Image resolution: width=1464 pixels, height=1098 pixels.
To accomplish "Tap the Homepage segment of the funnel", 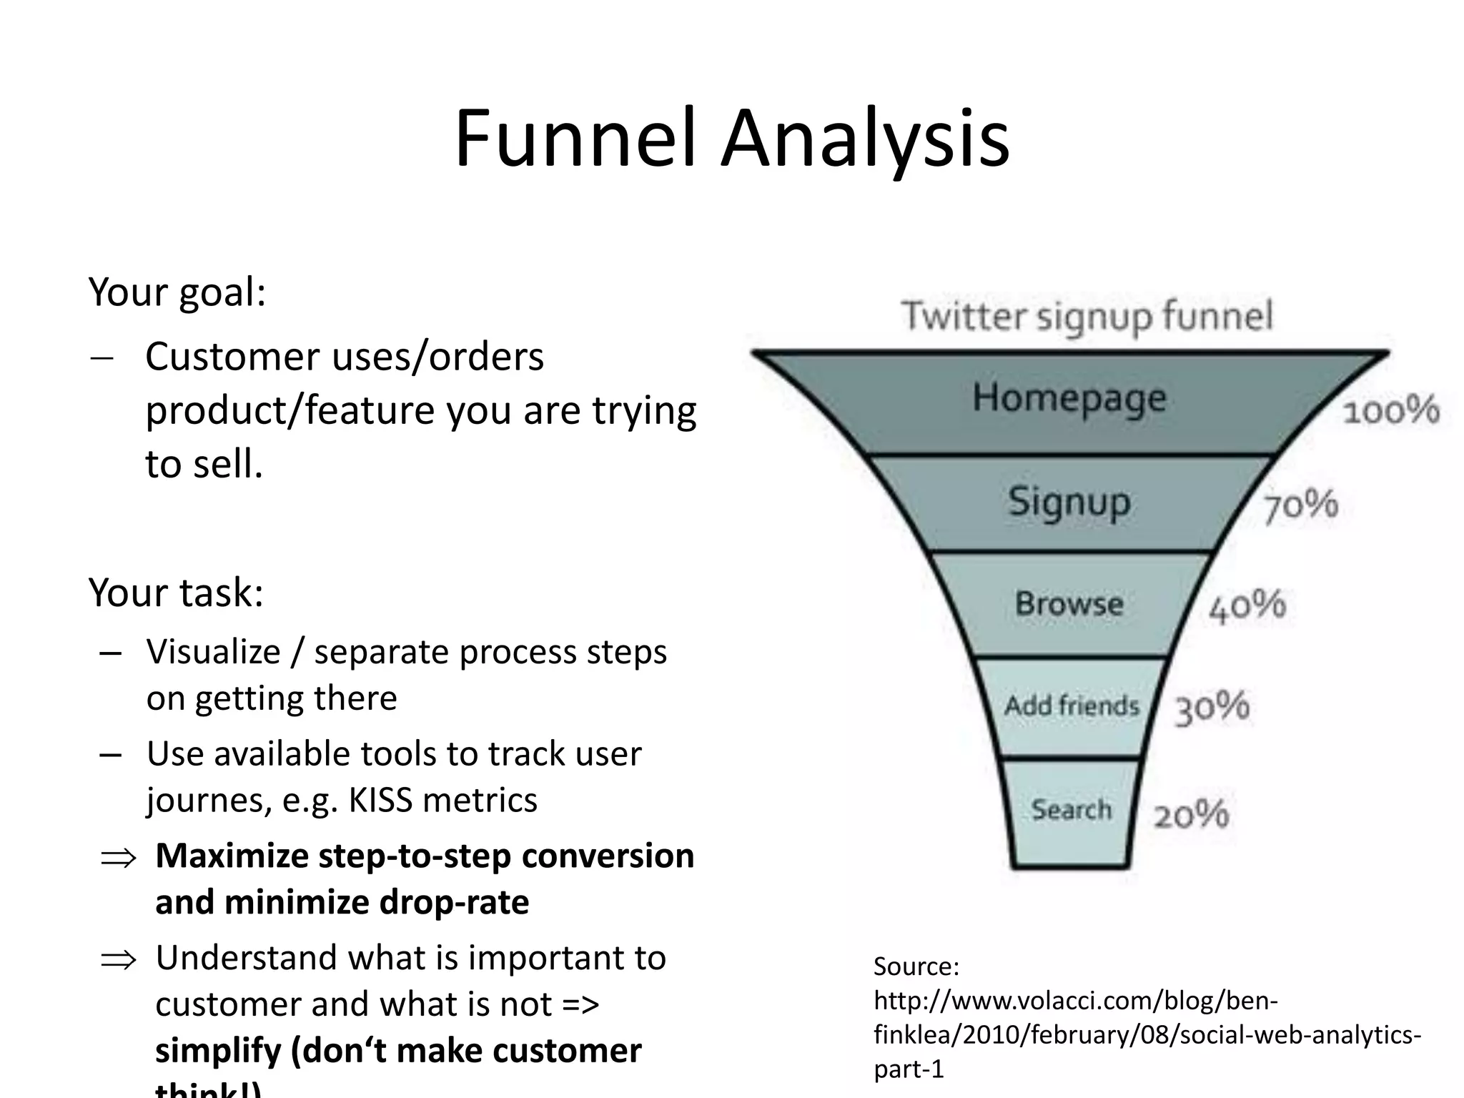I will pyautogui.click(x=1069, y=398).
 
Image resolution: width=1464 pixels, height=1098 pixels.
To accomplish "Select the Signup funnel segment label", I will pyautogui.click(x=1069, y=502).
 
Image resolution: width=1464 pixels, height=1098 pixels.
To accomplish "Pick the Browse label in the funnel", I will pyautogui.click(x=1069, y=604).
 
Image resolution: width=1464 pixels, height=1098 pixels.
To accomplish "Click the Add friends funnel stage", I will pyautogui.click(x=1071, y=706).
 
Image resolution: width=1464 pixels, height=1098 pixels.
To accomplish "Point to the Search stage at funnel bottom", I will pyautogui.click(x=1071, y=810).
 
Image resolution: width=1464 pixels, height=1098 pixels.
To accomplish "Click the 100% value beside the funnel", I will pyautogui.click(x=1390, y=411).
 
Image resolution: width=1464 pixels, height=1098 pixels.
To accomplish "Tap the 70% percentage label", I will pyautogui.click(x=1300, y=506).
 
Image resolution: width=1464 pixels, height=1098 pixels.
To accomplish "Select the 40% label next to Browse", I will pyautogui.click(x=1247, y=606).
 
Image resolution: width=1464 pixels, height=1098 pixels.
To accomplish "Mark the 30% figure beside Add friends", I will pyautogui.click(x=1212, y=708).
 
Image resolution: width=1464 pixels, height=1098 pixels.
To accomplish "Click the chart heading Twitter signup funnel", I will pyautogui.click(x=1087, y=316).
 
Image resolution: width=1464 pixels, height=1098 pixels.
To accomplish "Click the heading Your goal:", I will pyautogui.click(x=177, y=292).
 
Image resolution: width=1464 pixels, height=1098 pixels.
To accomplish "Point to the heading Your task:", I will pyautogui.click(x=176, y=593).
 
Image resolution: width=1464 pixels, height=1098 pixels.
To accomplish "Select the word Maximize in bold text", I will pyautogui.click(x=231, y=856).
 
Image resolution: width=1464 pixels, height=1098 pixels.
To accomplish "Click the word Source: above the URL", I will pyautogui.click(x=916, y=966).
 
